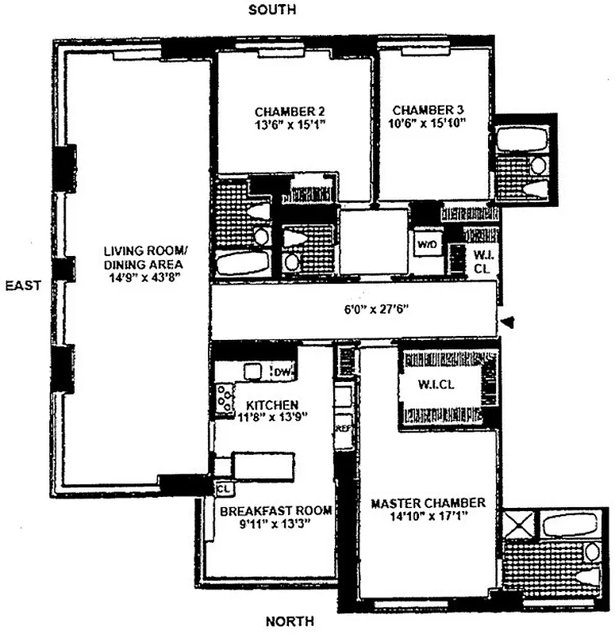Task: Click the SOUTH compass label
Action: (272, 10)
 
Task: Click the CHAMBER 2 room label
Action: (290, 111)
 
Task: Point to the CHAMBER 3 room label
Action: (428, 110)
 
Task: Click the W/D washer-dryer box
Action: (427, 243)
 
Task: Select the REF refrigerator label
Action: (344, 428)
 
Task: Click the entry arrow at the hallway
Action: (509, 322)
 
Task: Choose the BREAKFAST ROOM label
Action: (275, 511)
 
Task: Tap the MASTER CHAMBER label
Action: (428, 503)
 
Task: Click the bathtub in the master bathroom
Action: (569, 524)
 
